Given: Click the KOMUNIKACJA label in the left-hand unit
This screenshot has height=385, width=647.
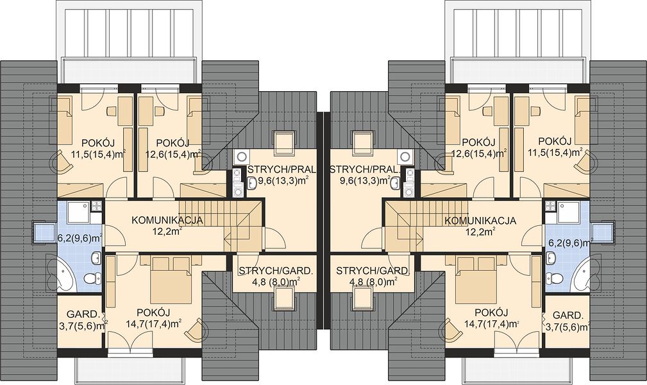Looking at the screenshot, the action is [167, 220].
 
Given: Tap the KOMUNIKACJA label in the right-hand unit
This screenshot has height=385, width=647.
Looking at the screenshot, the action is [480, 220].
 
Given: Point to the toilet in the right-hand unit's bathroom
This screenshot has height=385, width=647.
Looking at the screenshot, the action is [557, 279].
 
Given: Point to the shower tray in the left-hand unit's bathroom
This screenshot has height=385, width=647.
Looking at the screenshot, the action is [76, 213].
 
